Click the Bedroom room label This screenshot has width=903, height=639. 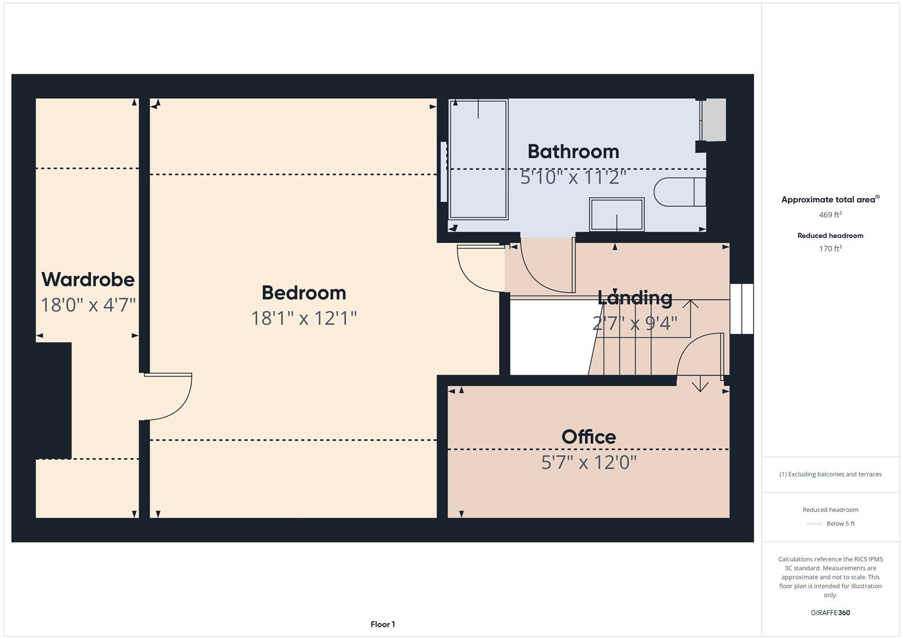(x=303, y=293)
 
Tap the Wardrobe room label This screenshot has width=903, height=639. (x=88, y=279)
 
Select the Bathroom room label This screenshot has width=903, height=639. (x=573, y=151)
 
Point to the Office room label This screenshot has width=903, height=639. (x=588, y=437)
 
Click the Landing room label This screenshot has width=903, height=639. (x=635, y=298)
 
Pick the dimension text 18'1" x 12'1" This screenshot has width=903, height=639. (x=303, y=318)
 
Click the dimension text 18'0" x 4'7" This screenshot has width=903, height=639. (x=88, y=305)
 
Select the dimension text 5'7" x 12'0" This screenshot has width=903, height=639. (x=588, y=462)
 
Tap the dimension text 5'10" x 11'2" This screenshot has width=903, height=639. (x=573, y=177)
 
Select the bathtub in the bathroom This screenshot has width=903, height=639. (x=478, y=159)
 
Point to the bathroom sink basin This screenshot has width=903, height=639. (x=617, y=214)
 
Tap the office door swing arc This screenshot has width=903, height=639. (x=698, y=355)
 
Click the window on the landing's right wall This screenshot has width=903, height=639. (x=742, y=309)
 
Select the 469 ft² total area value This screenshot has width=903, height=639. (x=830, y=215)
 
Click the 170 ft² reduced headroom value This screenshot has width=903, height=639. (x=830, y=248)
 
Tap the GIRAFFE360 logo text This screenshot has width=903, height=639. (x=830, y=612)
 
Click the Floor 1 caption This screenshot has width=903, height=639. (x=383, y=624)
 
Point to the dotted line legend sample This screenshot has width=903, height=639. (x=814, y=524)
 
